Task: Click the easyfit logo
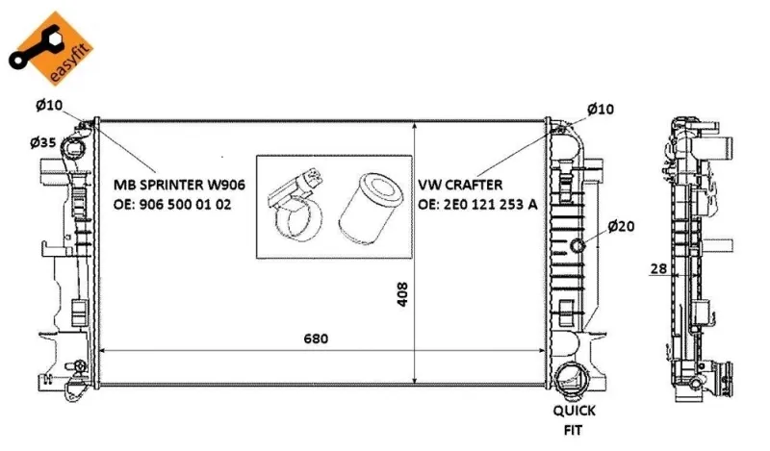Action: pyautogui.click(x=51, y=49)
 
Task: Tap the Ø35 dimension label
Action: pyautogui.click(x=43, y=142)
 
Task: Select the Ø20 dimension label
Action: pyautogui.click(x=621, y=226)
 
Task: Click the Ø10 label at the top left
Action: pyautogui.click(x=49, y=105)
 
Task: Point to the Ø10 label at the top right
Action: pyautogui.click(x=600, y=109)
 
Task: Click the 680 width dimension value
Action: pyautogui.click(x=316, y=338)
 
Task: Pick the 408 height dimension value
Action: pyautogui.click(x=402, y=294)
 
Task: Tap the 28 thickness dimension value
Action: pyautogui.click(x=658, y=268)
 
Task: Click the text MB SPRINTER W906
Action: pyautogui.click(x=179, y=185)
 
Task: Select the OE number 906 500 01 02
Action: pyautogui.click(x=172, y=204)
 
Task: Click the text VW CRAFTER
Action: pyautogui.click(x=460, y=185)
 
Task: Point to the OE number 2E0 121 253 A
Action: pyautogui.click(x=477, y=204)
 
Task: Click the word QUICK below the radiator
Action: pyautogui.click(x=574, y=411)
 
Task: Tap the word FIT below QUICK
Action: pyautogui.click(x=573, y=431)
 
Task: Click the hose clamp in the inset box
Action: pyautogui.click(x=295, y=205)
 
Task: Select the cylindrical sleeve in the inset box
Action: pyautogui.click(x=371, y=208)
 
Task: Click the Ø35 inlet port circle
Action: pyautogui.click(x=74, y=146)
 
